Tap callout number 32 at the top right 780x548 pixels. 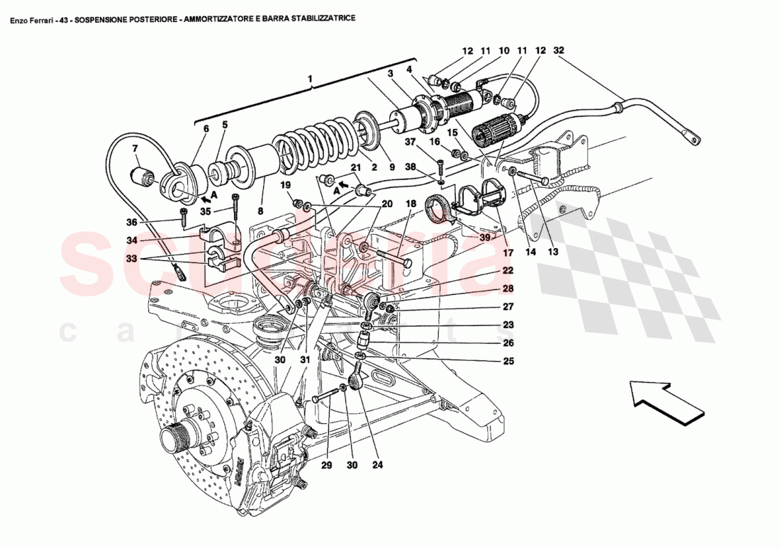click(559, 50)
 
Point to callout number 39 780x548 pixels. click(484, 238)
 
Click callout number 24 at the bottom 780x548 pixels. click(377, 466)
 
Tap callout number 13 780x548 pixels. click(553, 252)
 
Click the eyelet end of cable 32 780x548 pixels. click(691, 139)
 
